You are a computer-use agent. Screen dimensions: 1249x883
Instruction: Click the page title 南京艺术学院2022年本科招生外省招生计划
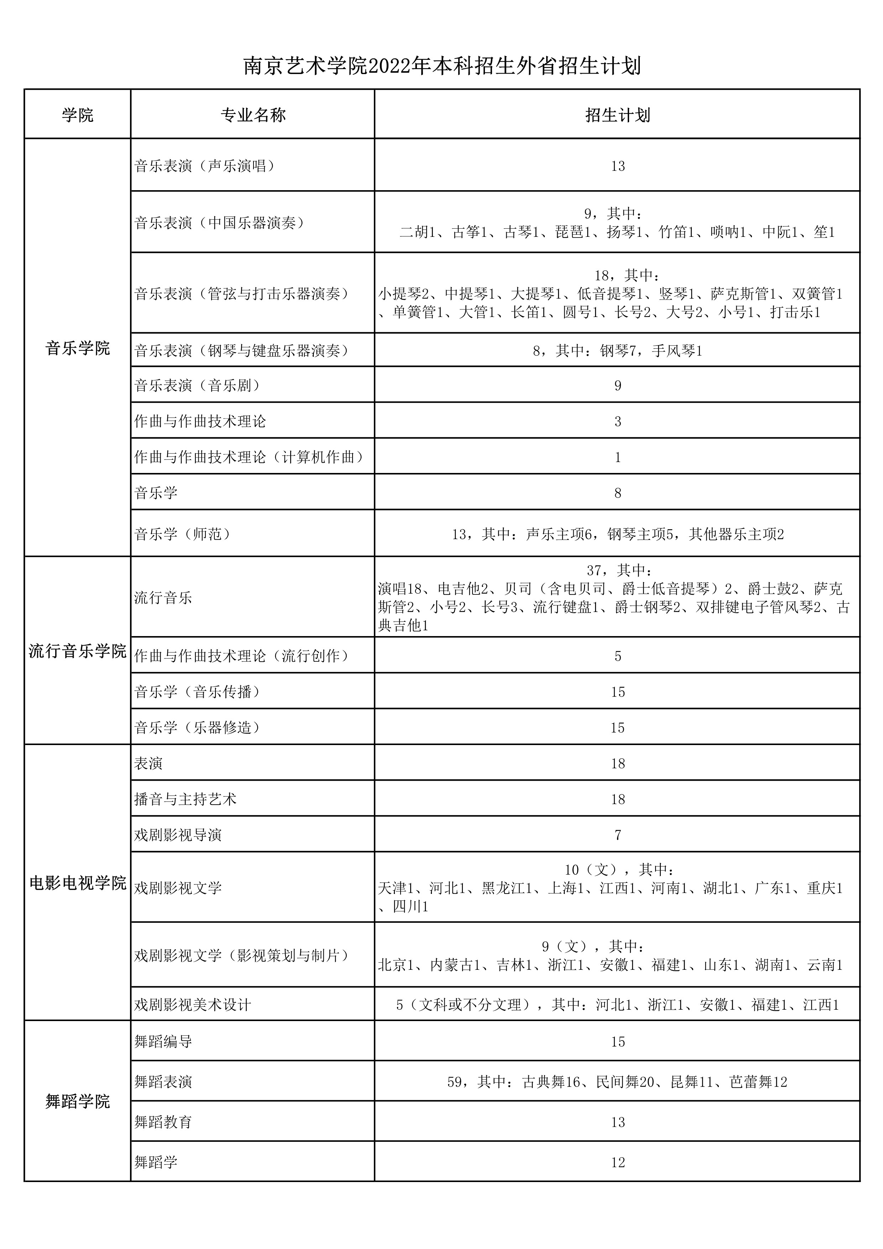coord(441,66)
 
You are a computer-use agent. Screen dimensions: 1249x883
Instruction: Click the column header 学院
coord(78,115)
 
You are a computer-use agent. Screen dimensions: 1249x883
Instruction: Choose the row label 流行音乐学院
coord(78,651)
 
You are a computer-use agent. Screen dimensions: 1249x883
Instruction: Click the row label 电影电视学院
coord(78,883)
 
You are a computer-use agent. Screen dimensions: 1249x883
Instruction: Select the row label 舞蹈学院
coord(78,1102)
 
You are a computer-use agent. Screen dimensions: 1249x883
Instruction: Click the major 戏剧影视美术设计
coord(193,1004)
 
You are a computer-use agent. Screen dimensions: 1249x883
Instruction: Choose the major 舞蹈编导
coord(163,1041)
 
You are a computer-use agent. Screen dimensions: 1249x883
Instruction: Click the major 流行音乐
coord(163,598)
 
